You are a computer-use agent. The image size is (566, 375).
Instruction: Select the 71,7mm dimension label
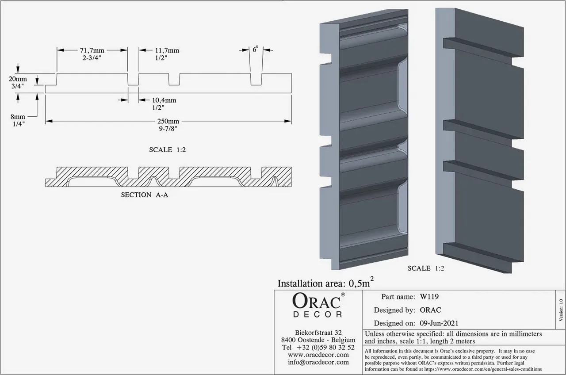(92, 50)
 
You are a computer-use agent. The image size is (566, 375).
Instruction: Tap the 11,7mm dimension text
(155, 50)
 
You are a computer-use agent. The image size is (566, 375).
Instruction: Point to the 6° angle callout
(256, 50)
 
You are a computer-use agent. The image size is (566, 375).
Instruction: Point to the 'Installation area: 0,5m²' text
(326, 283)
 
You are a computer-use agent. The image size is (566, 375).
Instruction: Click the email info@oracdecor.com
(318, 362)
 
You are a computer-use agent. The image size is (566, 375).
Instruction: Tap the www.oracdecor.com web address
(318, 355)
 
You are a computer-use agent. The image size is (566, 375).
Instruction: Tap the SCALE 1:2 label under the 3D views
(425, 268)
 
